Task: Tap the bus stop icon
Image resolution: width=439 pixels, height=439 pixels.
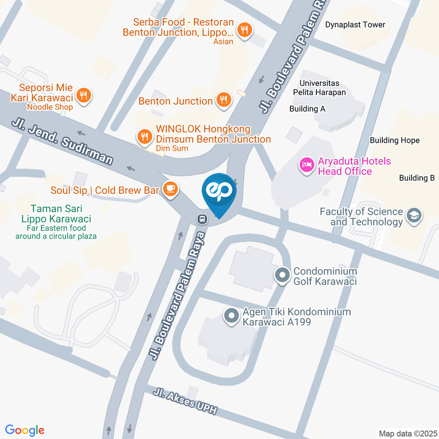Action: (201, 219)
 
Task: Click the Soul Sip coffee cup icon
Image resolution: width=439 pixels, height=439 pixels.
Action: (170, 189)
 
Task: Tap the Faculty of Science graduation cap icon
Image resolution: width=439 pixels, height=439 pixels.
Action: (415, 216)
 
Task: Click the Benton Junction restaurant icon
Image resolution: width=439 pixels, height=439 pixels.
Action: (223, 100)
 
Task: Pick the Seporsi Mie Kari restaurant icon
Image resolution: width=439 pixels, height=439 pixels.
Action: (83, 96)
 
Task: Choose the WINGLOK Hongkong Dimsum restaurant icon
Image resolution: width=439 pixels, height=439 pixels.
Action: (145, 136)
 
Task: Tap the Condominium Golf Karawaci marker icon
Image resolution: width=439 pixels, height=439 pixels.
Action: (282, 275)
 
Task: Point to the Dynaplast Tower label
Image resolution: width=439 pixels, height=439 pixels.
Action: (355, 25)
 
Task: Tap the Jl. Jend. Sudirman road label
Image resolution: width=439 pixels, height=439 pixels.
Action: (63, 141)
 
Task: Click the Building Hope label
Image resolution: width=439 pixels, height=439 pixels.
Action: (395, 140)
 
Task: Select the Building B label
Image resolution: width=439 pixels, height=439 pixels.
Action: (417, 178)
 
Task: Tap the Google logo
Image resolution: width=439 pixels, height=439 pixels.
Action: (25, 430)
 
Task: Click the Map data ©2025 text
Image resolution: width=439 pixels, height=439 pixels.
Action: (408, 433)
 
